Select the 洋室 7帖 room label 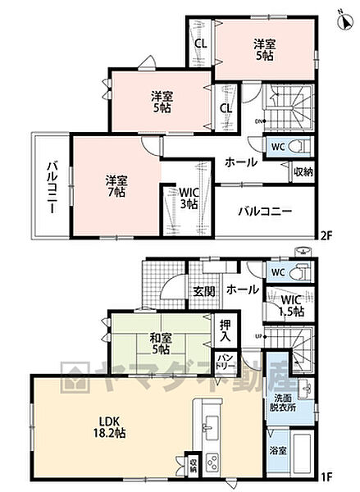(116, 185)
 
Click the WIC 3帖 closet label (189, 198)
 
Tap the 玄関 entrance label (203, 289)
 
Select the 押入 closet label (226, 330)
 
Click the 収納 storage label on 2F (302, 172)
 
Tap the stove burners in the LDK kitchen (212, 461)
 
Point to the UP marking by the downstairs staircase (260, 337)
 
